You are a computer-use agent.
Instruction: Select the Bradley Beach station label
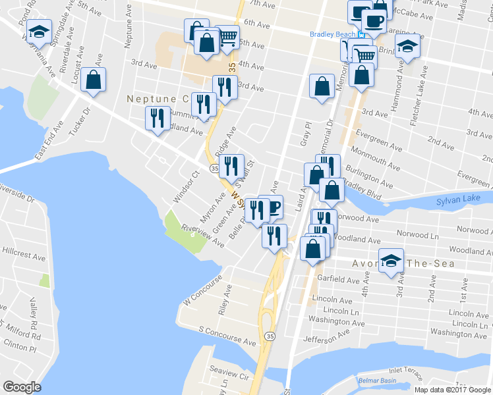(333, 34)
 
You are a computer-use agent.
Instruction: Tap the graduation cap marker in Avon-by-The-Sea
(391, 261)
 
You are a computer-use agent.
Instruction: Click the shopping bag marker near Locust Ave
(94, 80)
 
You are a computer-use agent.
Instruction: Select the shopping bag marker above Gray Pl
(321, 86)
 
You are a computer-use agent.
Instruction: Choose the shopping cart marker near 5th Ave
(227, 38)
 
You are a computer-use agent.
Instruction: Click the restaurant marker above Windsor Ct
(156, 118)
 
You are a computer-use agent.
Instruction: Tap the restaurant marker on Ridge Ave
(231, 166)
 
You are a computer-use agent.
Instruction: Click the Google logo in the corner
(22, 387)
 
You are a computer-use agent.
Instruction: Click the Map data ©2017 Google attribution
(453, 390)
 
